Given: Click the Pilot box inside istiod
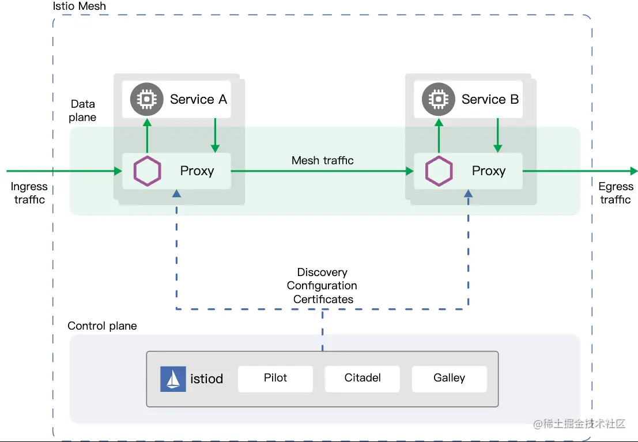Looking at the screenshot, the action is [275, 379].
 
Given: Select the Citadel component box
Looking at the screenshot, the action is [362, 379].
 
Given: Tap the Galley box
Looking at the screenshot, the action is [449, 379].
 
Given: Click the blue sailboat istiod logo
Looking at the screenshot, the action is [173, 379].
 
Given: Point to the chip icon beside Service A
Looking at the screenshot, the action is [147, 99].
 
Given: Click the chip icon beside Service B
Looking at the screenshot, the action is [438, 99].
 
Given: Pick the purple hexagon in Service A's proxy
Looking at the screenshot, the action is [148, 171].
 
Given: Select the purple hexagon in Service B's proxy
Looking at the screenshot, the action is [439, 171].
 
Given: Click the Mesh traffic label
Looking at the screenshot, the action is [322, 160].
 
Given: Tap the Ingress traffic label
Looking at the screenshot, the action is [29, 193].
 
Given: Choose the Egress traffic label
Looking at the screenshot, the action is [616, 193].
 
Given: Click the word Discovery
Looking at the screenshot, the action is [322, 272].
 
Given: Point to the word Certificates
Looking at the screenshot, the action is [323, 299].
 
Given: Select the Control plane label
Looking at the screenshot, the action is [102, 326].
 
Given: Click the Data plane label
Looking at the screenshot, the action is [82, 111].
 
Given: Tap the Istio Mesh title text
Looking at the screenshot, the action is [80, 6].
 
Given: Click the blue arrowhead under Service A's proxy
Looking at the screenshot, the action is [176, 193].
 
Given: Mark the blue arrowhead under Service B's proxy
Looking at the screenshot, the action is [469, 193].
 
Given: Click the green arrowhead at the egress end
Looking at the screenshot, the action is [634, 171].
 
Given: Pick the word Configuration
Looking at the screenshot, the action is [322, 286].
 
